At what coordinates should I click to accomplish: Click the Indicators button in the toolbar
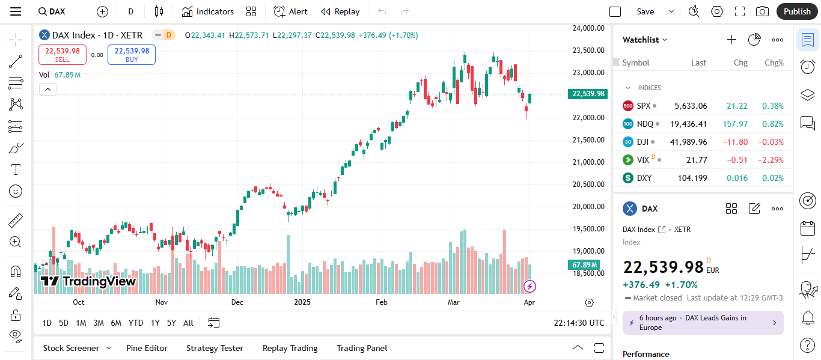[208, 11]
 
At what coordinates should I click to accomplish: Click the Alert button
[290, 11]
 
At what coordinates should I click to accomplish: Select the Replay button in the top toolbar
[340, 11]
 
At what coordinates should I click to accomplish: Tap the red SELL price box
[63, 55]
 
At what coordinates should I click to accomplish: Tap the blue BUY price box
[132, 55]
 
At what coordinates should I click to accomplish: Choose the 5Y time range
[171, 323]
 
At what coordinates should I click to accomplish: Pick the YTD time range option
[136, 323]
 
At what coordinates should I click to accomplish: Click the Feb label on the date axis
[381, 302]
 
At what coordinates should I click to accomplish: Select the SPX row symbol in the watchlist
[644, 106]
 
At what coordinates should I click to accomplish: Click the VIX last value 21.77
[697, 160]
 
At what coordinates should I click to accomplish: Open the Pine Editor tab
[147, 348]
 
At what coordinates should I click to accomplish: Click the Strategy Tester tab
[215, 348]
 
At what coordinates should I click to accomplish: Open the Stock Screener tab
[71, 348]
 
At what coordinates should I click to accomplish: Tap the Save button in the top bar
[646, 11]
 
